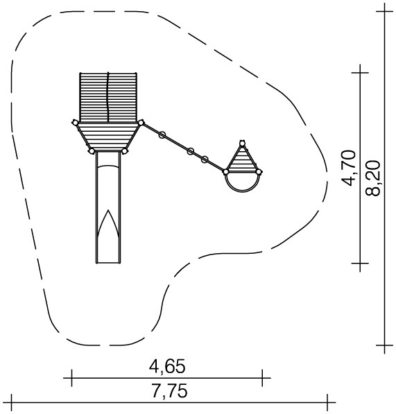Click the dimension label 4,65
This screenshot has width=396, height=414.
point(167,367)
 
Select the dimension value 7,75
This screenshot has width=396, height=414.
point(169,390)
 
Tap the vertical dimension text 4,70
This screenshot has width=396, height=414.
point(348,168)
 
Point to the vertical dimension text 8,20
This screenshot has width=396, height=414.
point(373,178)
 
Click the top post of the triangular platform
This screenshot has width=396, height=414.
point(242,144)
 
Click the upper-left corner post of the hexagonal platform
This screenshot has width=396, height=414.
point(75,123)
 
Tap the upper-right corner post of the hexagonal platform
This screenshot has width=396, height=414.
point(141,123)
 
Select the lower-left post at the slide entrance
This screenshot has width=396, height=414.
point(92,151)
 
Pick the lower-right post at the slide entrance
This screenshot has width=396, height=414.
point(125,151)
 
